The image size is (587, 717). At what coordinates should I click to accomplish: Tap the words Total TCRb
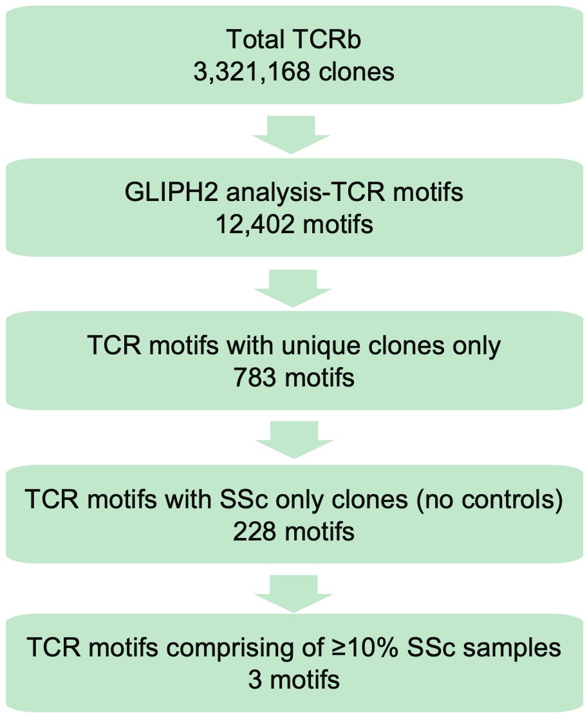(x=293, y=40)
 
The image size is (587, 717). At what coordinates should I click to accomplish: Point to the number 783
(x=256, y=377)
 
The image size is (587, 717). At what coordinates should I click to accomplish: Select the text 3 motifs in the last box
(x=294, y=680)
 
